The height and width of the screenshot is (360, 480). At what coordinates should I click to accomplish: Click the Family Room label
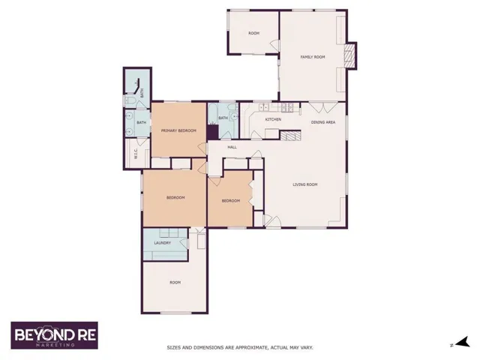(x=313, y=57)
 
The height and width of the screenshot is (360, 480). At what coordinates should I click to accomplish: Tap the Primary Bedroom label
(x=178, y=130)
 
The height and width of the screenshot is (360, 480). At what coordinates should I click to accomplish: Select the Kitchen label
(x=273, y=119)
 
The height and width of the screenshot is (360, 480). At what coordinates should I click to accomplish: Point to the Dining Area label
(x=323, y=122)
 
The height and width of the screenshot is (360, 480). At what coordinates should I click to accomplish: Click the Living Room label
(x=305, y=184)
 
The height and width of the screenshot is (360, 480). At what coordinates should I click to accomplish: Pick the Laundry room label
(x=163, y=243)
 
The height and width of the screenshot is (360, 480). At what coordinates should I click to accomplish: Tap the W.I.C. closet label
(x=136, y=153)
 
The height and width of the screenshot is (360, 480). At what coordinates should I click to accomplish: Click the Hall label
(x=232, y=147)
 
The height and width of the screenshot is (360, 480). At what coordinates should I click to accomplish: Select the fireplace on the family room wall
(x=351, y=56)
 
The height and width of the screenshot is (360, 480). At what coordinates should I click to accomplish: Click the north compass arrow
(x=463, y=342)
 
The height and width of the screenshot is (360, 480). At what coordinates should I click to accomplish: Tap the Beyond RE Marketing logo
(x=55, y=335)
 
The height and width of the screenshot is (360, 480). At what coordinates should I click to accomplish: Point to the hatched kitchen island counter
(x=290, y=136)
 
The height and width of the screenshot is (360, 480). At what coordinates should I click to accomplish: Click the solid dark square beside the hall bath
(x=212, y=132)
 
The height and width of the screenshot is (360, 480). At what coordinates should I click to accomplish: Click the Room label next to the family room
(x=253, y=33)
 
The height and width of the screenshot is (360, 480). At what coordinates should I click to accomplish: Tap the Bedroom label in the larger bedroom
(x=175, y=198)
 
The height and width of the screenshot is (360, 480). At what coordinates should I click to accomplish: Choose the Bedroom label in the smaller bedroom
(x=231, y=201)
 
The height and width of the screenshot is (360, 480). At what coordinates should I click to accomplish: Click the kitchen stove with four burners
(x=287, y=107)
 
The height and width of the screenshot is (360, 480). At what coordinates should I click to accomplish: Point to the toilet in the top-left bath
(x=130, y=100)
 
